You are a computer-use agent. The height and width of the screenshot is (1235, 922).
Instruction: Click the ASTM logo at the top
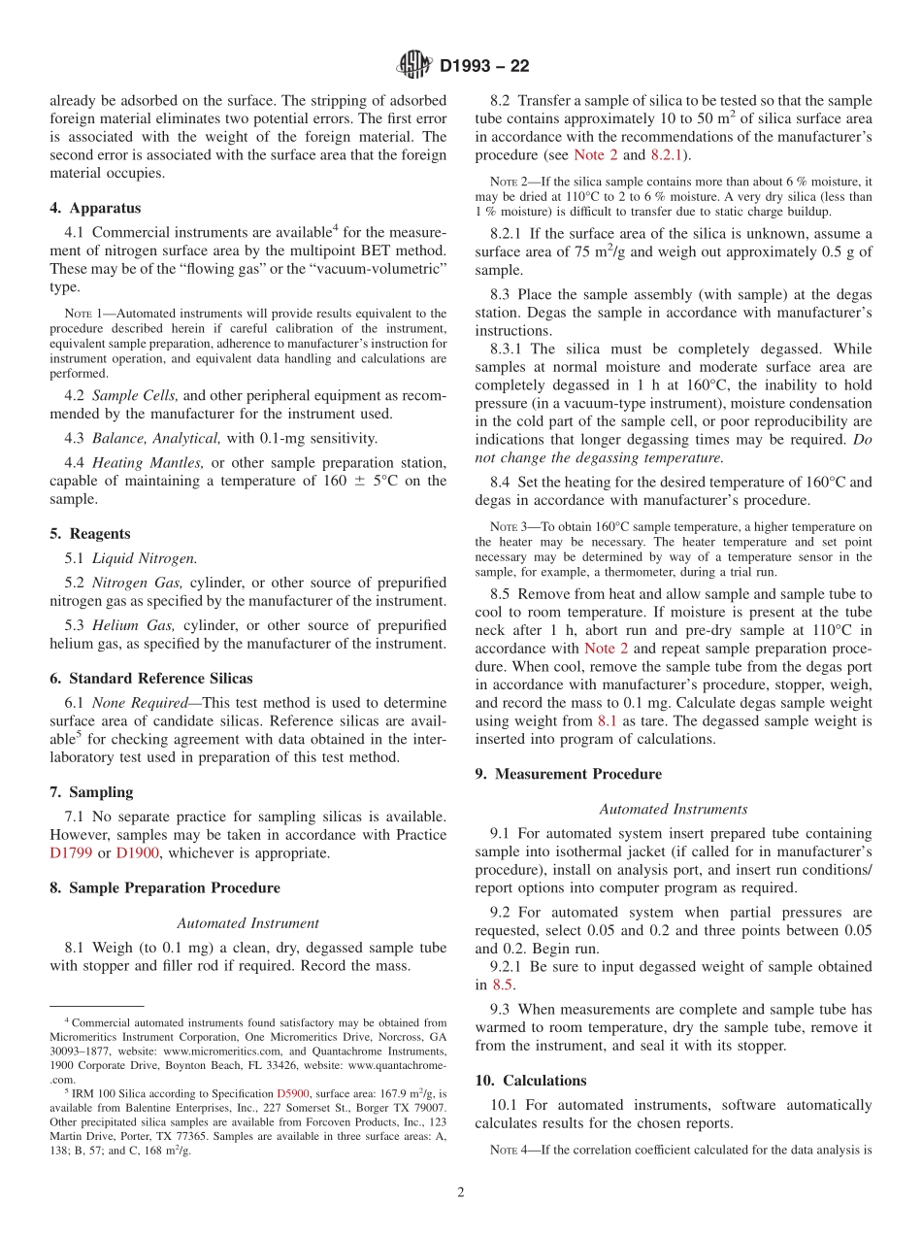(414, 66)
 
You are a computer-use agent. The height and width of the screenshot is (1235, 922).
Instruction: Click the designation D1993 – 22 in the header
(484, 67)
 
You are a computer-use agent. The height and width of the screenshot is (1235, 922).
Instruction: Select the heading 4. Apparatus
(95, 208)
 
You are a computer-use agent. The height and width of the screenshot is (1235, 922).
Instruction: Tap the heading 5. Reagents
(90, 533)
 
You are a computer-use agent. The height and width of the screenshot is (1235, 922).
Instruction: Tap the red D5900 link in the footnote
(293, 1093)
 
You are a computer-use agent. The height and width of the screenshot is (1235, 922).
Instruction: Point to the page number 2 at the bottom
(461, 1192)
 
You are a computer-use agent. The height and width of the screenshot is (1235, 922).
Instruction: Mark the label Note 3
(511, 527)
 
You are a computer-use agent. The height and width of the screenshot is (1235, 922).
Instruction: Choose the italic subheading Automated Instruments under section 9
(673, 809)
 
